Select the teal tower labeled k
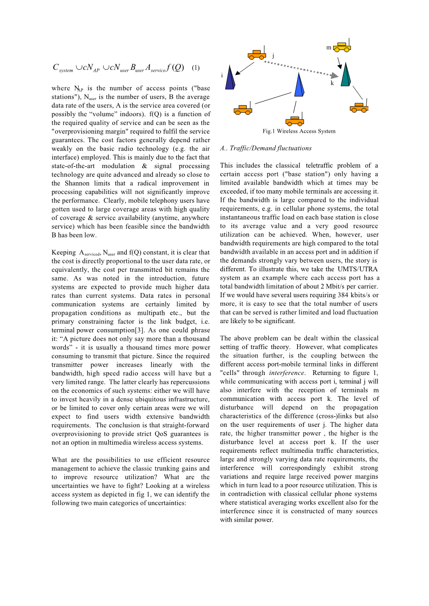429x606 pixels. pyautogui.click(x=346, y=75)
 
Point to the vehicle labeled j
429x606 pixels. pyautogui.click(x=256, y=55)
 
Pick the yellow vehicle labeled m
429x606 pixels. pyautogui.click(x=342, y=46)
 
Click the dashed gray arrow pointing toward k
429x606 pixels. pyautogui.click(x=301, y=68)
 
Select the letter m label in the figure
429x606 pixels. pyautogui.click(x=329, y=48)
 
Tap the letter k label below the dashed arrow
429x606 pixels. pyautogui.click(x=332, y=83)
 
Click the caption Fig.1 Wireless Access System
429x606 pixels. pyautogui.click(x=299, y=131)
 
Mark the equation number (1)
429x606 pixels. pyautogui.click(x=196, y=68)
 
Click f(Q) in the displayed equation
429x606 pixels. pyautogui.click(x=175, y=68)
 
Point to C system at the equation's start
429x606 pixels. pyautogui.click(x=62, y=68)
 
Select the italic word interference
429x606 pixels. pyautogui.click(x=286, y=373)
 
